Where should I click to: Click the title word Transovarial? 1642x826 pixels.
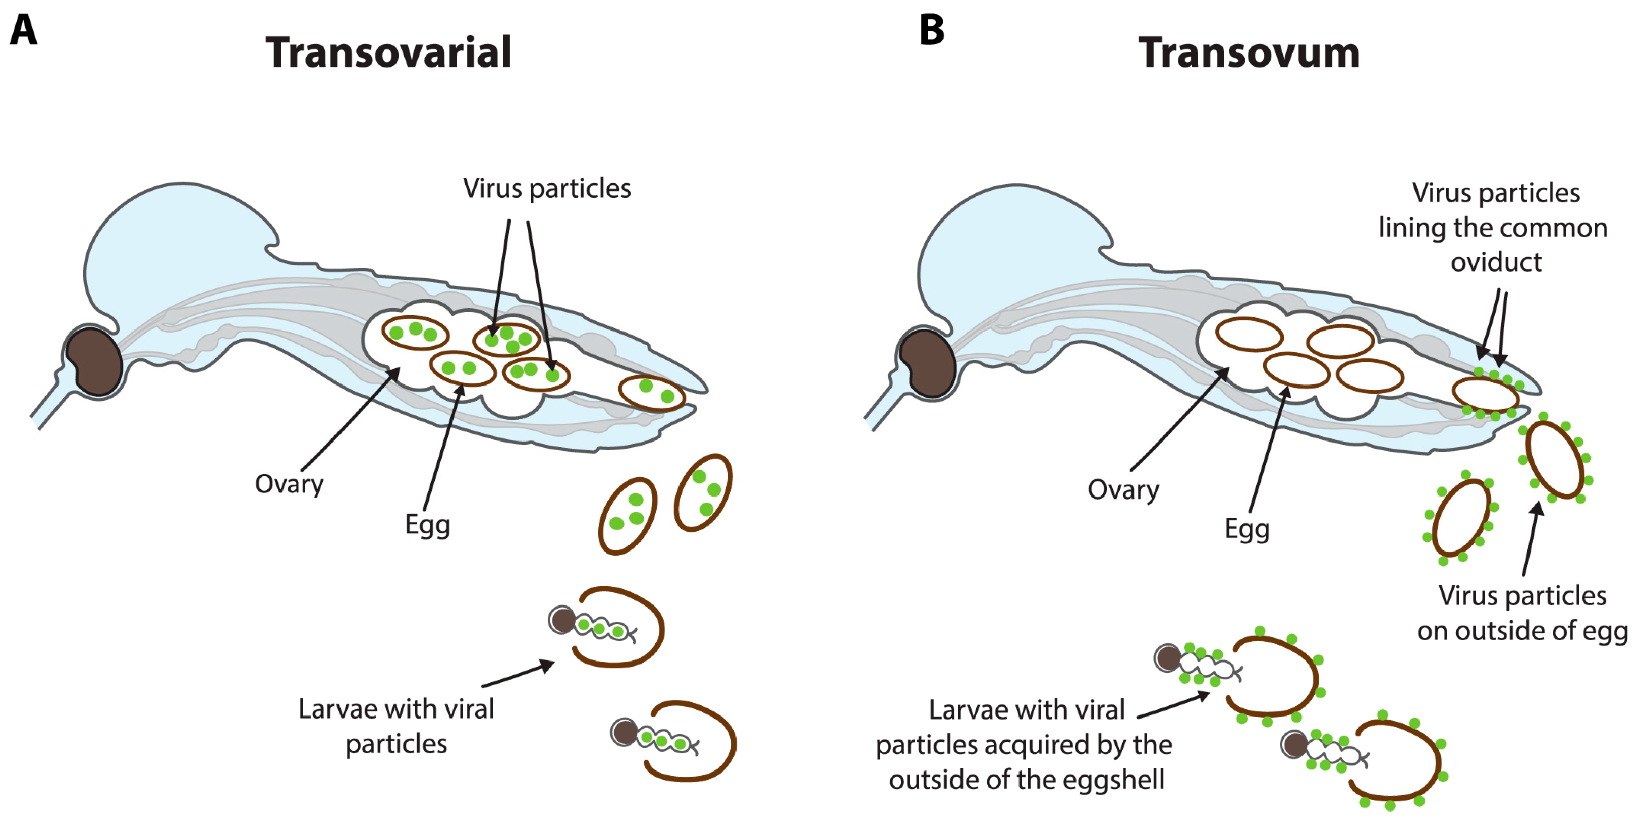[388, 52]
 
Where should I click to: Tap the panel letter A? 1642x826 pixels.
[24, 30]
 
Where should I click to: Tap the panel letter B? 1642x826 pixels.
[931, 30]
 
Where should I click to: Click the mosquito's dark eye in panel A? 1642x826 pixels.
[94, 361]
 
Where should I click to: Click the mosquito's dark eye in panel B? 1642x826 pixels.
[928, 363]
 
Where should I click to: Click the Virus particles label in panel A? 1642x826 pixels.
[546, 189]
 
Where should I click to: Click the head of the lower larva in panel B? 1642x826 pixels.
[1294, 744]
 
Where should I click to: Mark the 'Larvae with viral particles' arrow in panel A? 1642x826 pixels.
[518, 675]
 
